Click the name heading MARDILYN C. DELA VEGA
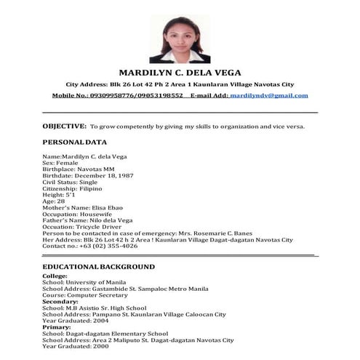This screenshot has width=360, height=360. (x=180, y=72)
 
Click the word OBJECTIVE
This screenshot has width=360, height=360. (x=65, y=126)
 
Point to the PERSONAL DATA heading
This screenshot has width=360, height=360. (x=74, y=142)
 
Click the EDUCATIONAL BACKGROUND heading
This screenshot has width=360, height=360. (x=98, y=266)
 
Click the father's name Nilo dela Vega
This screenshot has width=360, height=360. (x=106, y=220)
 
